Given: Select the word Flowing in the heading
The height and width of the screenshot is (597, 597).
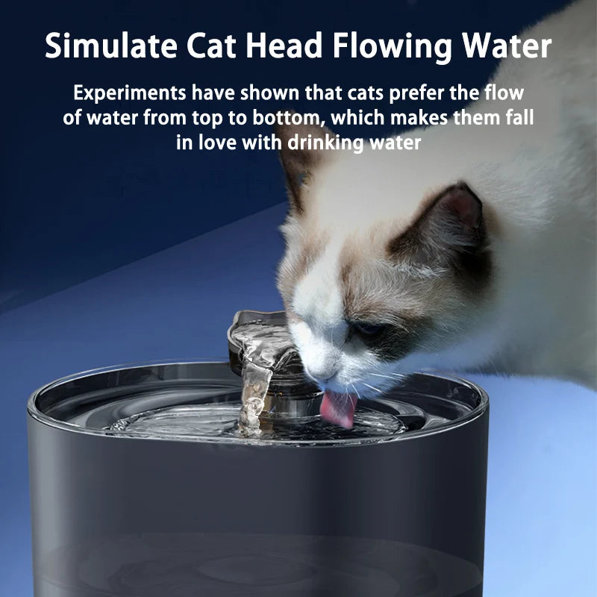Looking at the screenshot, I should tap(391, 46).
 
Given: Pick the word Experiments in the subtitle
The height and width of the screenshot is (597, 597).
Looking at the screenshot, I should tap(130, 95).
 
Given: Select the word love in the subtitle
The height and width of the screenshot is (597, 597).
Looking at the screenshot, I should tap(216, 142).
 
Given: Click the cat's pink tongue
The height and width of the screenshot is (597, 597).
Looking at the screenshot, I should tap(339, 410).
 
